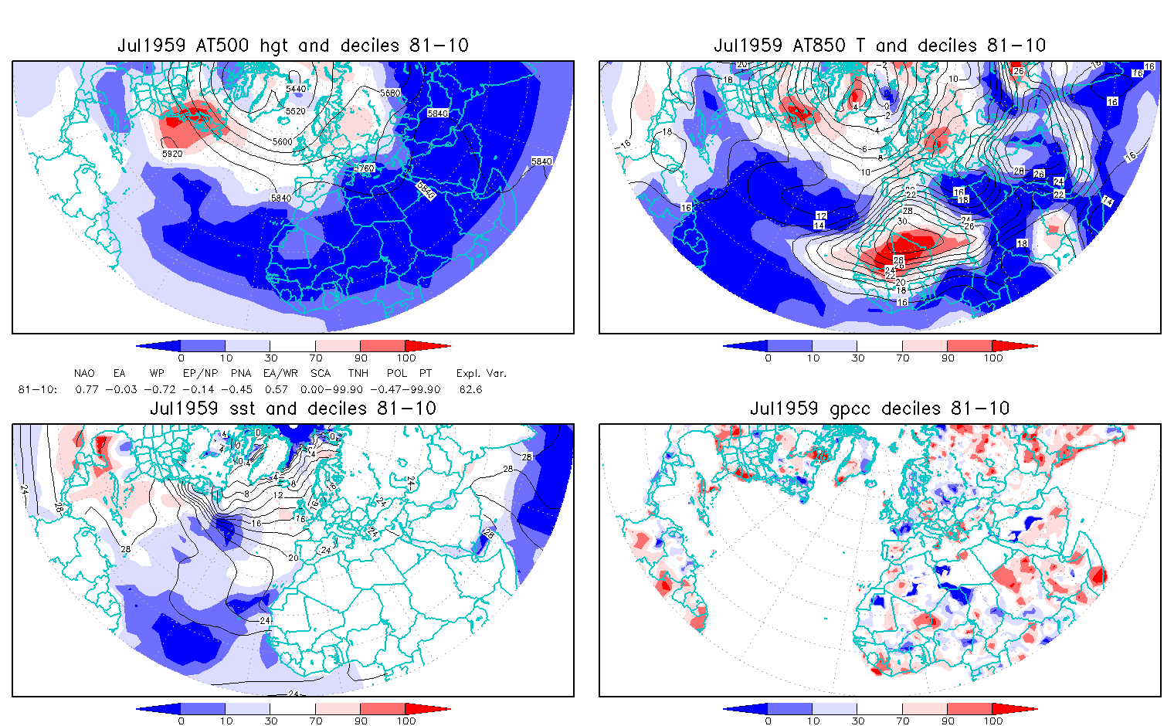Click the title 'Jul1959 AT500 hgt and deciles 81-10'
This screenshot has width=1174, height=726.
pyautogui.click(x=293, y=46)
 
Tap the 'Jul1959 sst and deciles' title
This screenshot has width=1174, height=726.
pyautogui.click(x=293, y=409)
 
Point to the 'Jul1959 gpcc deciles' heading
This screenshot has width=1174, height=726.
pyautogui.click(x=880, y=409)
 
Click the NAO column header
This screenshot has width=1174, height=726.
pyautogui.click(x=84, y=374)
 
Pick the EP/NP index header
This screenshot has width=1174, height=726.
pyautogui.click(x=200, y=374)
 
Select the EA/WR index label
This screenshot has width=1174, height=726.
pyautogui.click(x=275, y=374)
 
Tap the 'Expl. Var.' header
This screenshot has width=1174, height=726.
pyautogui.click(x=481, y=374)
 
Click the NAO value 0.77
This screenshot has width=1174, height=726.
pyautogui.click(x=87, y=390)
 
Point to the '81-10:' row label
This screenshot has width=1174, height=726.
pyautogui.click(x=37, y=390)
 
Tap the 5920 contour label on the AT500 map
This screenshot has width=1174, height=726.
pyautogui.click(x=172, y=154)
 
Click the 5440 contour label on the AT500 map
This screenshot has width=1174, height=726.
pyautogui.click(x=296, y=89)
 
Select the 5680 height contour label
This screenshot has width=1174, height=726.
pyautogui.click(x=390, y=93)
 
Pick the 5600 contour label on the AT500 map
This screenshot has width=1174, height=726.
pyautogui.click(x=283, y=142)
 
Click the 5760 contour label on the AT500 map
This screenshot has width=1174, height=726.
pyautogui.click(x=364, y=168)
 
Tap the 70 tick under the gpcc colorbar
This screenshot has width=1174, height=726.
pyautogui.click(x=903, y=721)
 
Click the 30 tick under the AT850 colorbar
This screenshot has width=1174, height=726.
pyautogui.click(x=858, y=358)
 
